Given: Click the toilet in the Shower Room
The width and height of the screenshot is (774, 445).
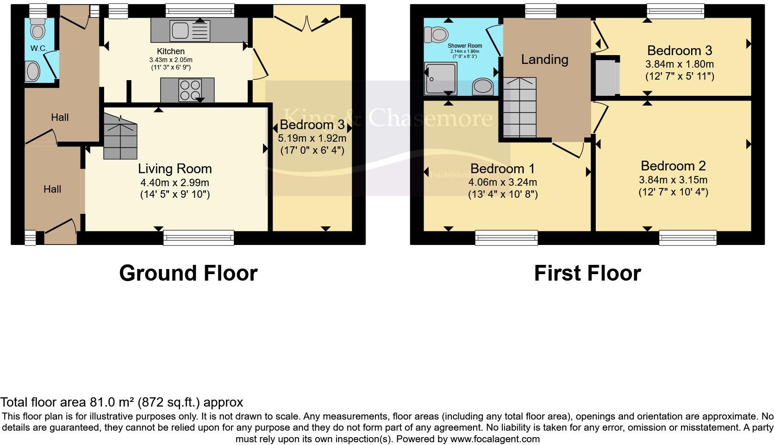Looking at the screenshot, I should [x=436, y=34].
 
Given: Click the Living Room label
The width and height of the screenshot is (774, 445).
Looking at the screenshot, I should [x=175, y=169].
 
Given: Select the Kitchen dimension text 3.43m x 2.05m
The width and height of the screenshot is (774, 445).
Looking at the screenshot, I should [x=171, y=60].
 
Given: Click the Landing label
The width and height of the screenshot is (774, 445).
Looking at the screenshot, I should [x=544, y=59].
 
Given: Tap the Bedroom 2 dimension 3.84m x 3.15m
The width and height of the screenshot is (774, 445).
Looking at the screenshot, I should [x=673, y=180].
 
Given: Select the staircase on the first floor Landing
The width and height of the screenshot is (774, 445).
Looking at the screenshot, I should [x=519, y=107].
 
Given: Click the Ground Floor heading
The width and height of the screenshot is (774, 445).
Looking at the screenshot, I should [x=188, y=273].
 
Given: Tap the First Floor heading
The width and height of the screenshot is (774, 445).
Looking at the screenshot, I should [x=587, y=273].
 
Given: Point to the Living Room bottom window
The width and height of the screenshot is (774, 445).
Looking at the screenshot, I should [x=199, y=238].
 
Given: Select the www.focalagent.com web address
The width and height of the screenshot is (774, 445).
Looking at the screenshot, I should [x=495, y=439].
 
